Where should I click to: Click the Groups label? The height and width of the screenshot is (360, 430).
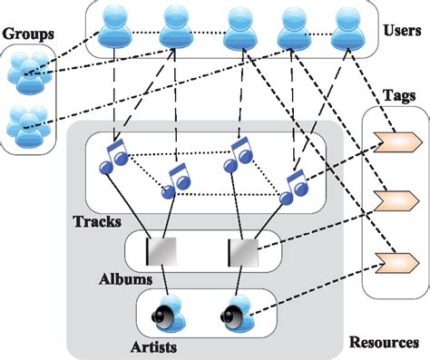pyautogui.click(x=27, y=32)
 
